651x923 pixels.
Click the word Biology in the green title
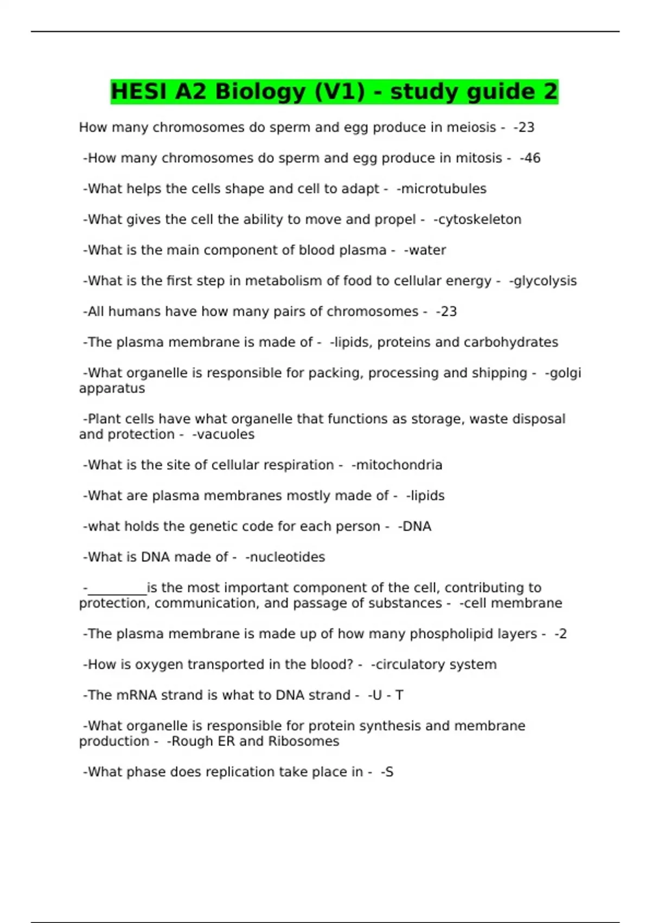tap(260, 91)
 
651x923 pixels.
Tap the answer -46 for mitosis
tap(531, 158)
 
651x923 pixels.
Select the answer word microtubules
tap(443, 189)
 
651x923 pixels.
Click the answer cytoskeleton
tap(479, 219)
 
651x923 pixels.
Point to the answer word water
tap(427, 250)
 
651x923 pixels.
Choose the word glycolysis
tap(545, 281)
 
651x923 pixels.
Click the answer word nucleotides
tap(287, 557)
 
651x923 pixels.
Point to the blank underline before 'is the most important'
tap(117, 590)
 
